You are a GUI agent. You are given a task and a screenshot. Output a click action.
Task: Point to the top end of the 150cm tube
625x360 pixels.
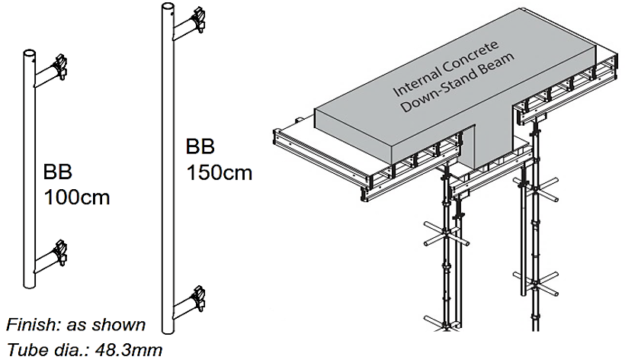(x=167, y=9)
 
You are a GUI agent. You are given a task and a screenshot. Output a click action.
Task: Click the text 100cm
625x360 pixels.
(x=77, y=198)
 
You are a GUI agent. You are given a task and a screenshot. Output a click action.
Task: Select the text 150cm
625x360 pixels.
(x=220, y=172)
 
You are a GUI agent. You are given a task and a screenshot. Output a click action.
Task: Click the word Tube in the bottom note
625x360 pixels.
(x=24, y=349)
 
